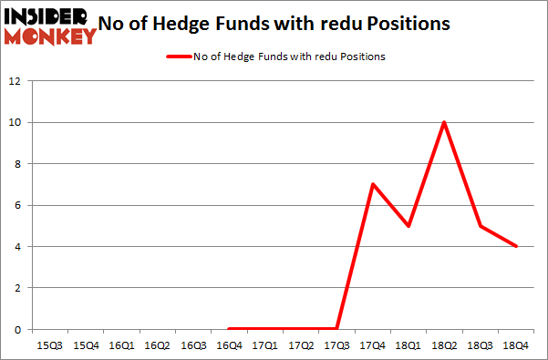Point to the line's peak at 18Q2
[444, 122]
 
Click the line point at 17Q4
[373, 184]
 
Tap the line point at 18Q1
[408, 226]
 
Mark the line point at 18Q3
[480, 226]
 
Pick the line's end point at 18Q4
[516, 246]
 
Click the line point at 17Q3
[337, 329]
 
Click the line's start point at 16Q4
[229, 329]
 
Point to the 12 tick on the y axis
[15, 81]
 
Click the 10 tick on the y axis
[15, 122]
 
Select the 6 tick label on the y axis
[17, 205]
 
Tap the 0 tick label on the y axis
[17, 329]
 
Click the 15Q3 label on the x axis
[50, 345]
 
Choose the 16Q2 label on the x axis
[158, 345]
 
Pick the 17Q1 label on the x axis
[265, 345]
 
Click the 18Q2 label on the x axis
[444, 345]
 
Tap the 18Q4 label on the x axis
[516, 345]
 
